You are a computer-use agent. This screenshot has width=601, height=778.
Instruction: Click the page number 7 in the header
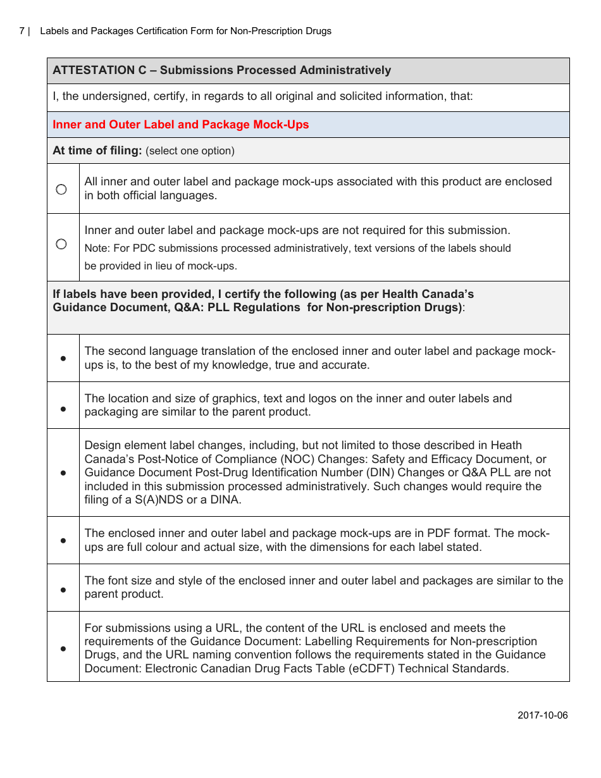[22, 31]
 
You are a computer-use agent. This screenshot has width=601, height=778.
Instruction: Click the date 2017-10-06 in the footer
[542, 715]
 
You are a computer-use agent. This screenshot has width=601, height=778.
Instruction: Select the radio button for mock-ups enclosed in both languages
[61, 189]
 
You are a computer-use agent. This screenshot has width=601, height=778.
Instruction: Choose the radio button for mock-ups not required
[61, 244]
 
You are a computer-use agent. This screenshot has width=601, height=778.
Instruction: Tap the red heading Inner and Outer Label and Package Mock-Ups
[180, 125]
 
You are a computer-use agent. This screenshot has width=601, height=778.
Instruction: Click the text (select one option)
[190, 151]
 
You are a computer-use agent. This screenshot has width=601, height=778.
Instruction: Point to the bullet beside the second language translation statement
[63, 359]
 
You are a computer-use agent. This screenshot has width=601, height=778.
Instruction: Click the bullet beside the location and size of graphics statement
[63, 409]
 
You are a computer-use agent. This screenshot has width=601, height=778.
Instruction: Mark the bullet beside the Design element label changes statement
[63, 472]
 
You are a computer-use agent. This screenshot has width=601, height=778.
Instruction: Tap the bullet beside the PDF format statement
[63, 541]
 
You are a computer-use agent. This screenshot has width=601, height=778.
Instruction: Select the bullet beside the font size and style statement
[63, 590]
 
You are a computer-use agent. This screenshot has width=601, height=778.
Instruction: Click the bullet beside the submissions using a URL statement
[63, 648]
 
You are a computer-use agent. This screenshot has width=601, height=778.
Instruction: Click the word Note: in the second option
[97, 249]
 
